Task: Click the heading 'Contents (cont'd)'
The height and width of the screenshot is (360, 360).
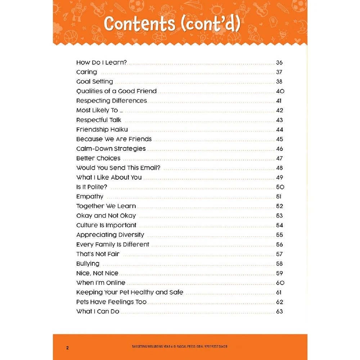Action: pyautogui.click(x=172, y=24)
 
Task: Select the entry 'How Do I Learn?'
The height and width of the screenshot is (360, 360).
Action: pyautogui.click(x=102, y=63)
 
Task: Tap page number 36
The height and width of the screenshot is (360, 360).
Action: pyautogui.click(x=279, y=63)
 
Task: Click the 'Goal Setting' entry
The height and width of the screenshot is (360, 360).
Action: pyautogui.click(x=95, y=82)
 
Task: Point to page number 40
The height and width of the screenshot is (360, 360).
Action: pyautogui.click(x=280, y=91)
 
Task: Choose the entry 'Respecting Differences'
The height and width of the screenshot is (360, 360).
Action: pyautogui.click(x=112, y=101)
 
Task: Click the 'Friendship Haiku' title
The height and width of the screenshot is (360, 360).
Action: pyautogui.click(x=102, y=130)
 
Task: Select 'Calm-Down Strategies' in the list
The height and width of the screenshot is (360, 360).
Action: pyautogui.click(x=111, y=149)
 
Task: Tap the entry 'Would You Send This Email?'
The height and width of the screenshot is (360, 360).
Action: pyautogui.click(x=118, y=168)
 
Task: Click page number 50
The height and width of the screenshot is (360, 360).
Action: pyautogui.click(x=280, y=187)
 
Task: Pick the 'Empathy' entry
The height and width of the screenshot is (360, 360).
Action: pyautogui.click(x=90, y=197)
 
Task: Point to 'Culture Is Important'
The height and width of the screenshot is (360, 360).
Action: pyautogui.click(x=106, y=225)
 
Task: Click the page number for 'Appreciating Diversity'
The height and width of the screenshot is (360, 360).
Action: pyautogui.click(x=279, y=235)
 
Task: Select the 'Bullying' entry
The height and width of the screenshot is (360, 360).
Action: pyautogui.click(x=88, y=264)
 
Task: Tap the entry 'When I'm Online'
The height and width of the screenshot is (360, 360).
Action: pyautogui.click(x=101, y=283)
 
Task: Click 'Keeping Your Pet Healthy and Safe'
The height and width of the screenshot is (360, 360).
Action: pyautogui.click(x=130, y=292)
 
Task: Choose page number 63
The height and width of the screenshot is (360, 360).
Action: pyautogui.click(x=279, y=312)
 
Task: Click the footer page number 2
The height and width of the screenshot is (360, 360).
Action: pyautogui.click(x=67, y=348)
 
